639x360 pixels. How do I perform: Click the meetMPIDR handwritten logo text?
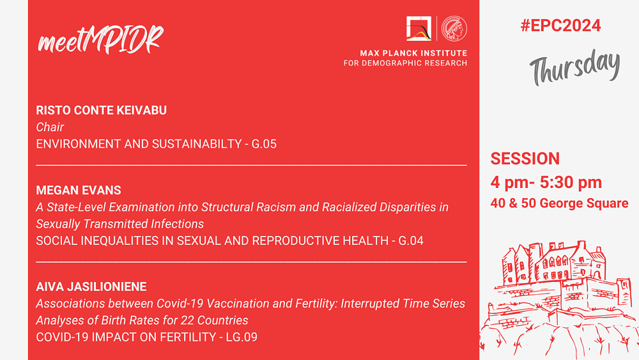101,40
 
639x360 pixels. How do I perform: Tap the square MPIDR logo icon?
419,29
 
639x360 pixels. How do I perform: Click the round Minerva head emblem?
454,29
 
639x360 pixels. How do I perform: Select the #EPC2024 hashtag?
560,26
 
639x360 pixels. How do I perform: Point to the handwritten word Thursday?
575,67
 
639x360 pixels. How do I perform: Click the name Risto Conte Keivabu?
101,110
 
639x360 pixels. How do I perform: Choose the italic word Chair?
50,127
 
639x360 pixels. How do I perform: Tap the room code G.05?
264,144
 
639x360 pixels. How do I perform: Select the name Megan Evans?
78,191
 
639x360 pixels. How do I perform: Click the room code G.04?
411,241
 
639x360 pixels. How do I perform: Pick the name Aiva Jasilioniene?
91,286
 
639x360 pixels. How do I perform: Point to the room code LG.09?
242,337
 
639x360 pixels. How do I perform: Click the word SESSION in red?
525,159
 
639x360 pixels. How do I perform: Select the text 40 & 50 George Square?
559,203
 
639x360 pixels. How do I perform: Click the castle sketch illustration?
559,300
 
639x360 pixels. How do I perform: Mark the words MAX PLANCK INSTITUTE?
413,53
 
